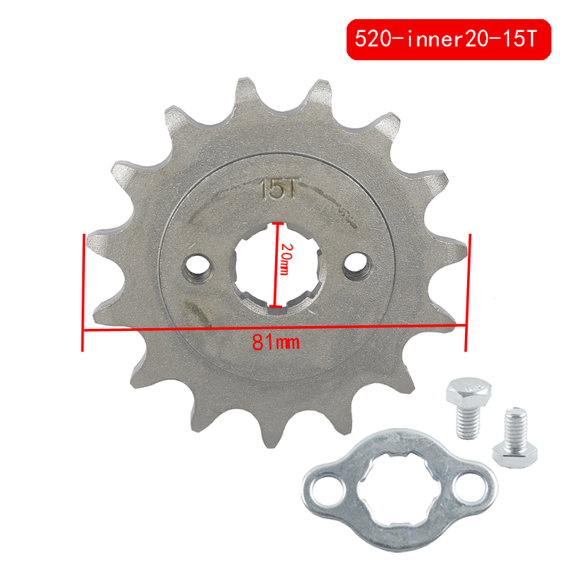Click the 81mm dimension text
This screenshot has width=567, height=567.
(x=276, y=342)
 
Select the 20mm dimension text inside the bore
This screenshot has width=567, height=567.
(x=285, y=259)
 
